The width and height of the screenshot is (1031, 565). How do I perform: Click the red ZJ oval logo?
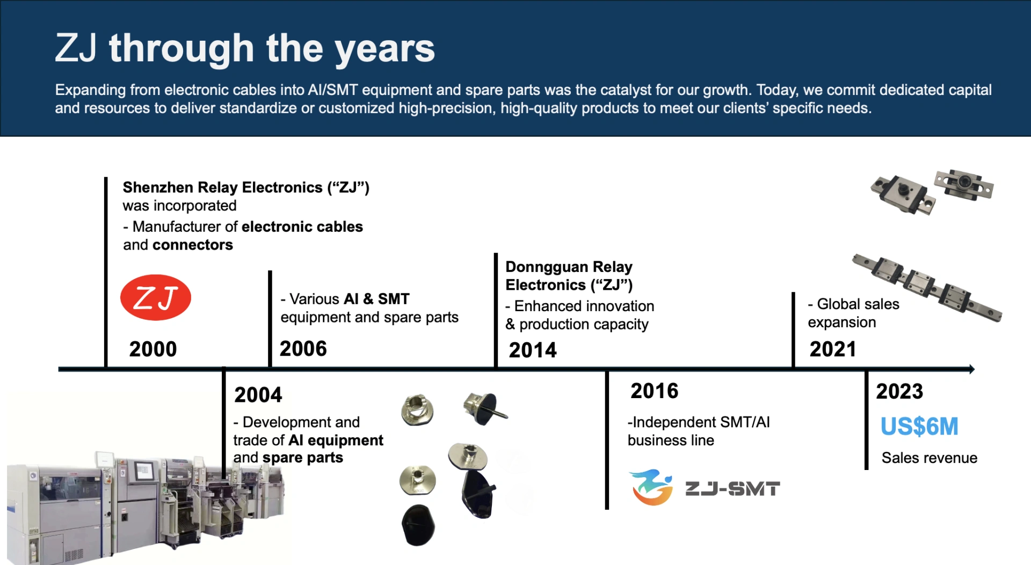[x=156, y=297]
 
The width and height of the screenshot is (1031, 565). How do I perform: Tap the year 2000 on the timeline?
[x=153, y=349]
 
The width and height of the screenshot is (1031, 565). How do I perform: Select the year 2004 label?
[x=258, y=395]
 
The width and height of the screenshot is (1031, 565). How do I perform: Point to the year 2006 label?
[x=303, y=349]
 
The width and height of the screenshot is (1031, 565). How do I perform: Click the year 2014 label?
[x=533, y=350]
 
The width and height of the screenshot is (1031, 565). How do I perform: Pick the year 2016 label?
[x=655, y=391]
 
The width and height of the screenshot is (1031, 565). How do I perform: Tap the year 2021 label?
[x=833, y=349]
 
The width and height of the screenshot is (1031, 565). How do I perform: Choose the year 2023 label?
[x=899, y=392]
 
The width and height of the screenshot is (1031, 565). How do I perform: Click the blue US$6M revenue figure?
[x=919, y=427]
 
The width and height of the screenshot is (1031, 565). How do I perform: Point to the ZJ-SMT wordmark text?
[x=732, y=489]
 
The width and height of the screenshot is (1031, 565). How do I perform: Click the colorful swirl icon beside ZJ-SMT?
[x=651, y=487]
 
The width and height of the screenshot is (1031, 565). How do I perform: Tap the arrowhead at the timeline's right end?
[x=972, y=369]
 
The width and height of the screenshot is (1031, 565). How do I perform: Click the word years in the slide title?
[x=385, y=49]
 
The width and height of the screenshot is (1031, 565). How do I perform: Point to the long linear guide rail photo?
[x=927, y=288]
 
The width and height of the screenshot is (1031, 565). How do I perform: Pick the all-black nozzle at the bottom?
[x=418, y=525]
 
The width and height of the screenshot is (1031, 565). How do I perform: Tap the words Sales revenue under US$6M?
[x=930, y=458]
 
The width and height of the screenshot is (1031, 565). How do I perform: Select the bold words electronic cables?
[x=302, y=226]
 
